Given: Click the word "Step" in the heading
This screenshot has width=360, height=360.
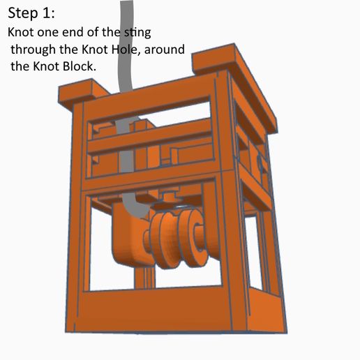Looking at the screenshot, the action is point(23,13).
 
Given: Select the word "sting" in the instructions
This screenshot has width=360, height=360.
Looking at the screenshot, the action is point(137,32).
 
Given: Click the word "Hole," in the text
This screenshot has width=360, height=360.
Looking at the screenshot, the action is point(126,50).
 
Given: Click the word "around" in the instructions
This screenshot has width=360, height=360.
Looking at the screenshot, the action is point(165,50).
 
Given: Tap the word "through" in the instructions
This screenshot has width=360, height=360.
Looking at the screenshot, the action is point(33,50).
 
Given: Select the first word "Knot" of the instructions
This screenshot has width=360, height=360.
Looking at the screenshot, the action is point(21,32).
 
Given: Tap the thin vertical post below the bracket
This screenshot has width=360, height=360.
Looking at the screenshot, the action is point(144,278).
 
